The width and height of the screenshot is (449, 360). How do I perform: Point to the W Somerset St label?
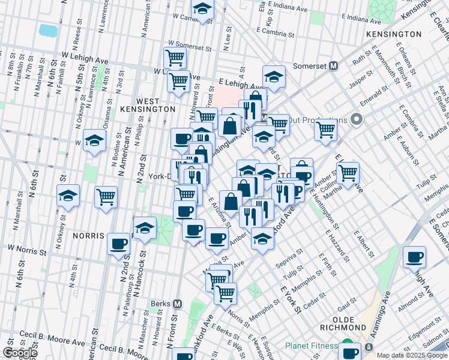pos(191,44)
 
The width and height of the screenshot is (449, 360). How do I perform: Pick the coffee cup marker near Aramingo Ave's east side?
pos(415,257)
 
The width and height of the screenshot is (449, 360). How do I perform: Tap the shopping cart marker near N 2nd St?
pos(106,197)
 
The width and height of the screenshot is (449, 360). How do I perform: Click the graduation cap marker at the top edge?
pos(203,8)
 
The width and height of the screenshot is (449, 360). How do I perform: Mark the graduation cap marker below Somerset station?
pos(274,77)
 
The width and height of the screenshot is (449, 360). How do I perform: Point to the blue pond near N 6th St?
pos(47,30)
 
